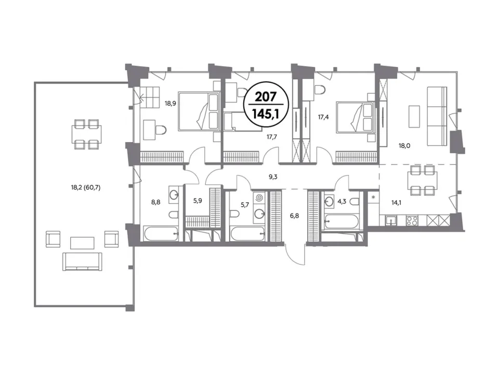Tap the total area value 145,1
[x=266, y=113]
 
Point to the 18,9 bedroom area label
[x=170, y=103]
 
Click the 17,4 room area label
[x=323, y=117]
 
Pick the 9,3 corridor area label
[x=273, y=177]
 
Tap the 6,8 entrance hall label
[x=294, y=216]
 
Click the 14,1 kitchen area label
[x=396, y=202]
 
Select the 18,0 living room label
[x=404, y=146]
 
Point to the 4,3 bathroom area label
[x=342, y=202]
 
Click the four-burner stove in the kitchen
[x=412, y=220]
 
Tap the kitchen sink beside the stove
[x=390, y=221]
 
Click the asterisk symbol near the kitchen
[x=373, y=197]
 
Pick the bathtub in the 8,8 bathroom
[x=161, y=234]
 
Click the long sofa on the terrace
[x=83, y=261]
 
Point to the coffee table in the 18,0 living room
[x=414, y=116]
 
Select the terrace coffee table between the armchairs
[x=82, y=243]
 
